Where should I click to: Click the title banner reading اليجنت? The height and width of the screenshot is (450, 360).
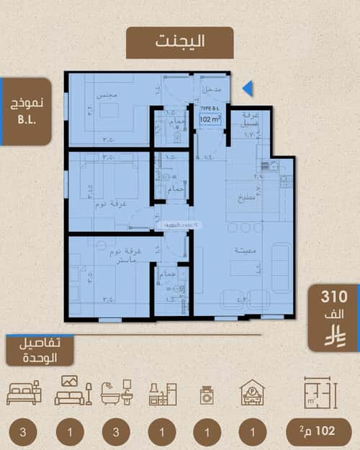179,41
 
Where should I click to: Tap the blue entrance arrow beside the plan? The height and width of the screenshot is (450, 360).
248,89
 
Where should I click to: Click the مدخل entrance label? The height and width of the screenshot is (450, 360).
211,89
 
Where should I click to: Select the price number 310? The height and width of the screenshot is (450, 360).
334,296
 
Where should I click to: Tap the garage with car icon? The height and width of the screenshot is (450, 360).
252,392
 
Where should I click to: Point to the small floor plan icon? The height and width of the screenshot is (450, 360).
320,392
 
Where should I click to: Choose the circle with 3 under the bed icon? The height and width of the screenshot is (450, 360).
24,432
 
